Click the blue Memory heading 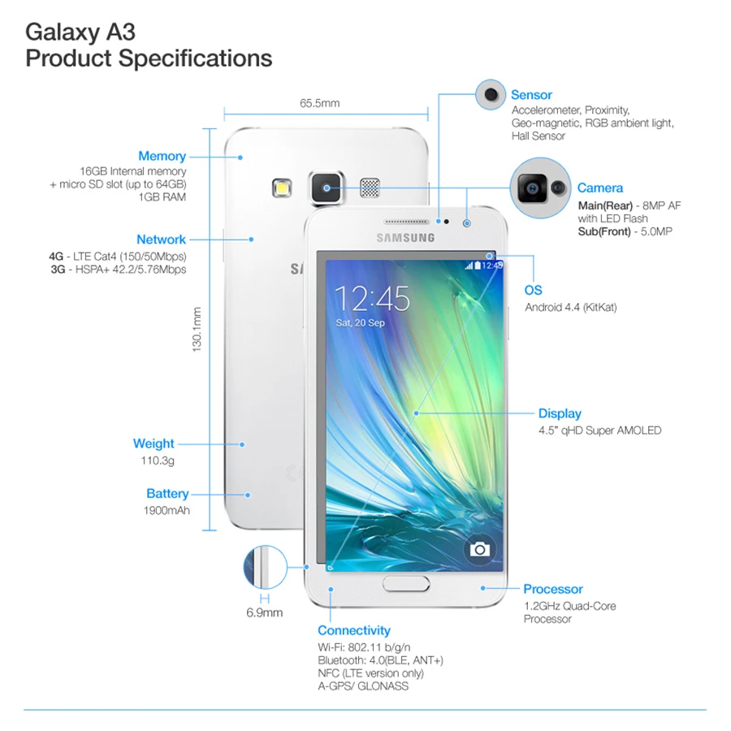(x=162, y=156)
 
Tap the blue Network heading (x=161, y=240)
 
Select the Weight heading (x=154, y=443)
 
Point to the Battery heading (x=167, y=494)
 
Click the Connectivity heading (x=353, y=630)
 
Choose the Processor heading (x=552, y=589)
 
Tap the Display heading (x=560, y=413)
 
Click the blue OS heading (x=533, y=290)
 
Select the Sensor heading (x=531, y=95)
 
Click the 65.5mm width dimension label (x=319, y=103)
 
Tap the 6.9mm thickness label (x=264, y=612)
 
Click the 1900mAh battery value (x=166, y=511)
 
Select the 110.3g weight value (x=158, y=461)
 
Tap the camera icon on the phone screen (x=479, y=550)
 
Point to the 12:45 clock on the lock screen (x=373, y=298)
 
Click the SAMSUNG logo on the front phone (x=404, y=238)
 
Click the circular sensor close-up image (x=491, y=95)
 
